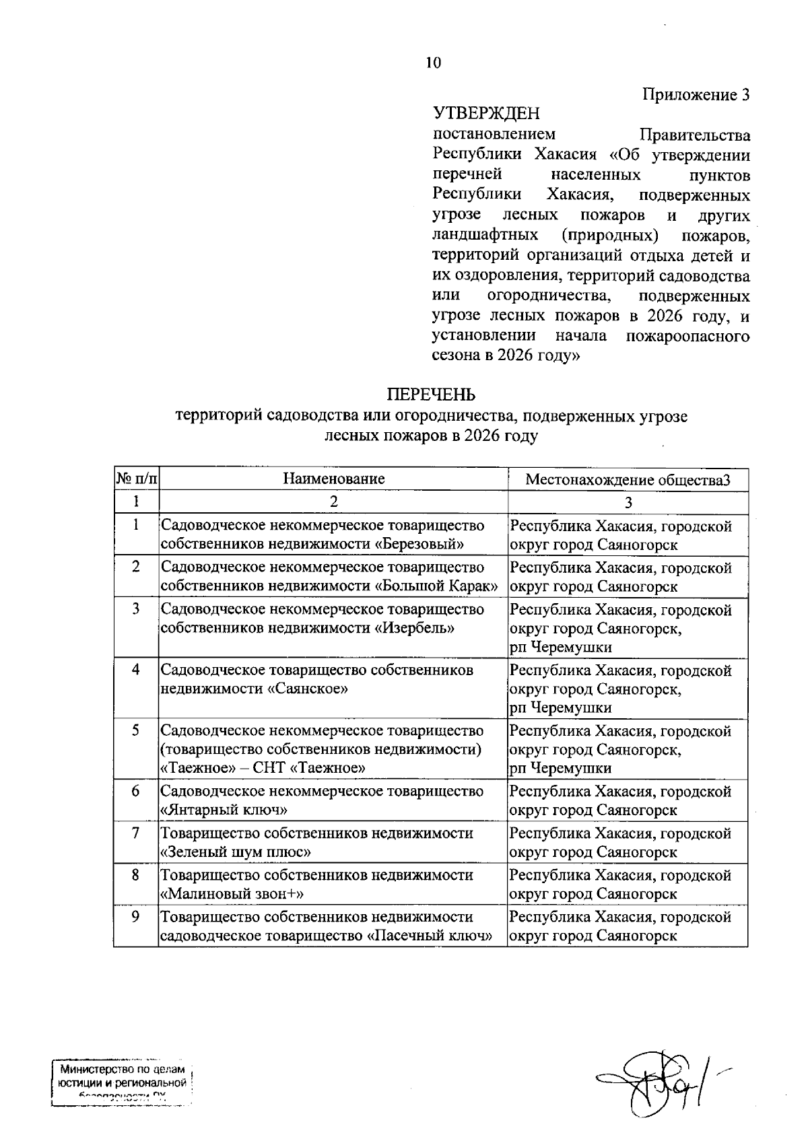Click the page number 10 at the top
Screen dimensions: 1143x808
pyautogui.click(x=433, y=63)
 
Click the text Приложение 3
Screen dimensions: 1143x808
pyautogui.click(x=696, y=95)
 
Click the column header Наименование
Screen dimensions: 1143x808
pyautogui.click(x=333, y=479)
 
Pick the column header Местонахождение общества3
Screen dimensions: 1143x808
pyautogui.click(x=628, y=480)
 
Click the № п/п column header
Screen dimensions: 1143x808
pyautogui.click(x=136, y=479)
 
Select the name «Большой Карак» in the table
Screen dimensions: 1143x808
pyautogui.click(x=436, y=586)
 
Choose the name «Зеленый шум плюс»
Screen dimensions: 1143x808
pyautogui.click(x=236, y=852)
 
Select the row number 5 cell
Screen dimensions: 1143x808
pyautogui.click(x=136, y=731)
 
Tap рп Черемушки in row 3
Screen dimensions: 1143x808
pyautogui.click(x=561, y=648)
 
